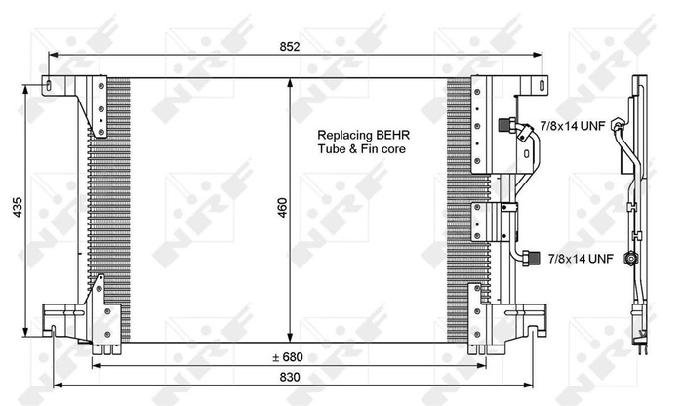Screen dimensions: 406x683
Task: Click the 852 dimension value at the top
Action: (289, 46)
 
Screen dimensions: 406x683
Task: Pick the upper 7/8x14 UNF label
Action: (575, 126)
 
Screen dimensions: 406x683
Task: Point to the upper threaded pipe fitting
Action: (506, 125)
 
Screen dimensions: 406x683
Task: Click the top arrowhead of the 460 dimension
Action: (289, 83)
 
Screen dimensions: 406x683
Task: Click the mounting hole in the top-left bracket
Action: (47, 88)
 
